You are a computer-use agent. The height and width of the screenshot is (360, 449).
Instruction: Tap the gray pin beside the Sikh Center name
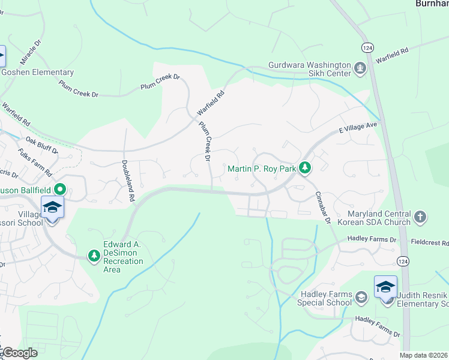360,68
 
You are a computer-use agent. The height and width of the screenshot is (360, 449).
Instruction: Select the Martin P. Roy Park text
262,169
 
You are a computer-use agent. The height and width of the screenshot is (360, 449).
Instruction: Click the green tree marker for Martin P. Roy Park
305,169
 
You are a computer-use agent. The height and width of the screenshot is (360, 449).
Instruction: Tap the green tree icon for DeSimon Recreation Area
94,256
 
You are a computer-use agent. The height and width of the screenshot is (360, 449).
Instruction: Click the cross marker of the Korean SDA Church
420,217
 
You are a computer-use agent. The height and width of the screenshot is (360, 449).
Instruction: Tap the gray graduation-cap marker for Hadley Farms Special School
361,297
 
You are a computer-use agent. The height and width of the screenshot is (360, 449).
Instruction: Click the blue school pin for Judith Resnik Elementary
385,287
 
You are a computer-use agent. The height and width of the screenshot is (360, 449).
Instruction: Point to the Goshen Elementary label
37,73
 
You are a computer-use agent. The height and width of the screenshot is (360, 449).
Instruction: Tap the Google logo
19,353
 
